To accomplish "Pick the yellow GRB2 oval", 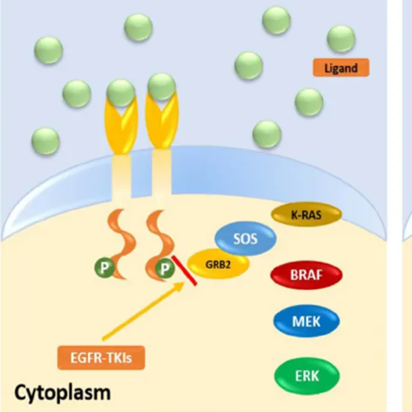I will [212, 264].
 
